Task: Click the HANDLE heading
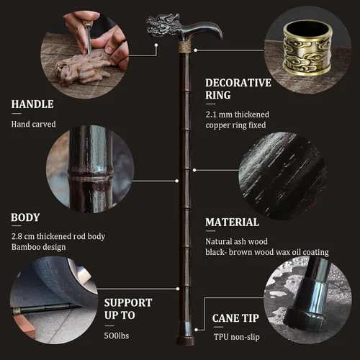32,104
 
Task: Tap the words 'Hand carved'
33,124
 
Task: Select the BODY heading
25,217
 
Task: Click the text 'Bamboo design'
38,247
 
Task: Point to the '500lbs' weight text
117,336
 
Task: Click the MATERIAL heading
232,222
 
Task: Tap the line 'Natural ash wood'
236,241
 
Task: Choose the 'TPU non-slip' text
237,337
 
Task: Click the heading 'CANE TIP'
235,318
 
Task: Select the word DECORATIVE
238,83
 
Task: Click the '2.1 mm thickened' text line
238,114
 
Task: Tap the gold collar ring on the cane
185,48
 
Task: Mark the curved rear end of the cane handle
217,30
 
